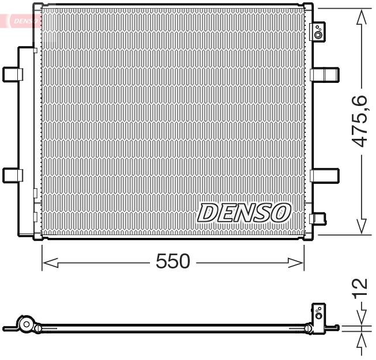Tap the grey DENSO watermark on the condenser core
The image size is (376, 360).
pyautogui.click(x=243, y=213)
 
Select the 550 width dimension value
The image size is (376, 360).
pyautogui.click(x=172, y=262)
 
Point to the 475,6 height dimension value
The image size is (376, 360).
pyautogui.click(x=359, y=120)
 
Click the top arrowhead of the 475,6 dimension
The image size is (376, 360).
pyautogui.click(x=362, y=18)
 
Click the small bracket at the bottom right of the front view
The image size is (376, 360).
pyautogui.click(x=317, y=218)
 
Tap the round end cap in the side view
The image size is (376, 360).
pyautogui.click(x=25, y=325)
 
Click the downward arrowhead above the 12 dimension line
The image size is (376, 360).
pyautogui.click(x=362, y=319)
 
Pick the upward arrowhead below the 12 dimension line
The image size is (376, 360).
pyautogui.click(x=362, y=339)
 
